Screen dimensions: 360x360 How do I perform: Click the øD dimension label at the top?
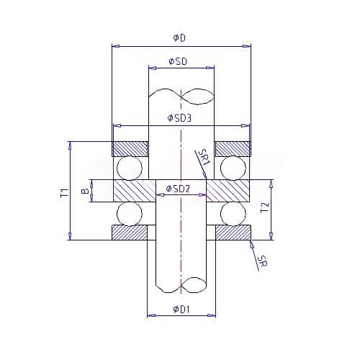click(179, 38)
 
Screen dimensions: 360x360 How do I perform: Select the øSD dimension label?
click(178, 61)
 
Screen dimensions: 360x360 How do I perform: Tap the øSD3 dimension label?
click(179, 118)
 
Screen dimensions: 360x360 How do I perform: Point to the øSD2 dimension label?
click(178, 189)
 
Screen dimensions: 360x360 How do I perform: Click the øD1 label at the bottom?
click(181, 310)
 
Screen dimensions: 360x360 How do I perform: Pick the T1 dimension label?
click(65, 193)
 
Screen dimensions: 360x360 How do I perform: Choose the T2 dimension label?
click(264, 207)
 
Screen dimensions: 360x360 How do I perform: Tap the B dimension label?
click(85, 191)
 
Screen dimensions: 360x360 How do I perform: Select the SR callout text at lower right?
click(262, 261)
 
